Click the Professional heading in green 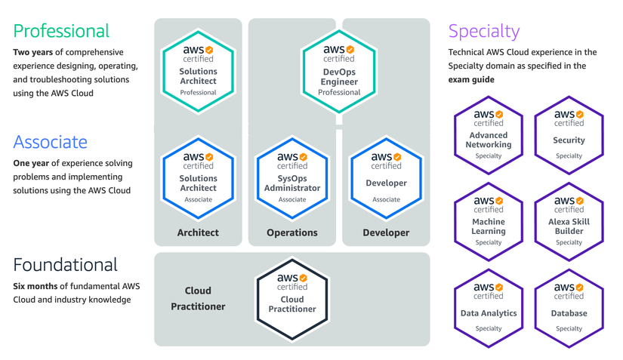click(61, 31)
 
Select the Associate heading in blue click(50, 142)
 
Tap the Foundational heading click(66, 265)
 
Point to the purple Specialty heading click(484, 31)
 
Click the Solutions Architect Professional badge click(198, 71)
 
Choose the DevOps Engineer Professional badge click(339, 71)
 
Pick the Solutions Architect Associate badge click(198, 178)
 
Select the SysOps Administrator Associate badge click(292, 178)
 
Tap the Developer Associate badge click(386, 178)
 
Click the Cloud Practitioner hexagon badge click(292, 298)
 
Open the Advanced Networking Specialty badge click(489, 135)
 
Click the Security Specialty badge click(569, 135)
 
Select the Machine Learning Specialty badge click(489, 222)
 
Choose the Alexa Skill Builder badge click(569, 222)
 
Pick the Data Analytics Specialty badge click(489, 308)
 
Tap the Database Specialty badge click(569, 308)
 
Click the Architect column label click(198, 232)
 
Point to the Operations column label click(292, 232)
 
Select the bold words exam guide click(471, 80)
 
